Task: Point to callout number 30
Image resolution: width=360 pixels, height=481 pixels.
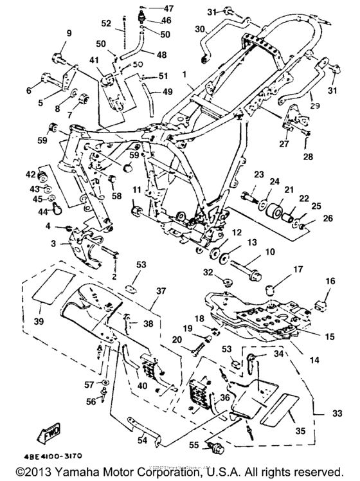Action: click(199, 29)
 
